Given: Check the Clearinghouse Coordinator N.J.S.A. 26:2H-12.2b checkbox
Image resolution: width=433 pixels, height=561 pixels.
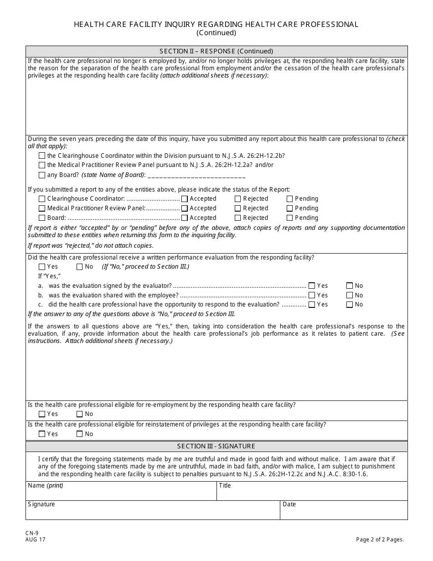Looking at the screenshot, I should tap(42, 156).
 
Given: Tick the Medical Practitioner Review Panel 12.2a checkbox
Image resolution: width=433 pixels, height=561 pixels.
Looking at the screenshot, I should tap(42, 165).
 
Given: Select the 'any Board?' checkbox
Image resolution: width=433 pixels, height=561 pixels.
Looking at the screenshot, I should tap(42, 175).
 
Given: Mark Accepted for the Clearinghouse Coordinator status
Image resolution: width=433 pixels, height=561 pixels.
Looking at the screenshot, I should tap(185, 199).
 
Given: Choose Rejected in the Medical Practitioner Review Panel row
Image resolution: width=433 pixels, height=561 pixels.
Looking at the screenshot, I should tap(238, 208).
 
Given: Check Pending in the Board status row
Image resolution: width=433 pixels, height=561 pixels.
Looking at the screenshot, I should tap(290, 218).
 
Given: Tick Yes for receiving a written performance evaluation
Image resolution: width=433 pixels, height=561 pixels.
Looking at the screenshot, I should tap(42, 267).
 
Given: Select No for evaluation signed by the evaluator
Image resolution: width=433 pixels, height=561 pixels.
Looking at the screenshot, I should tap(350, 286).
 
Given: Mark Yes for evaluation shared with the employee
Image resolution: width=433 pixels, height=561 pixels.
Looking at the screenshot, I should tap(312, 296).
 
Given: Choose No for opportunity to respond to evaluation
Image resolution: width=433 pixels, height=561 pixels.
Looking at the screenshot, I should tap(350, 305).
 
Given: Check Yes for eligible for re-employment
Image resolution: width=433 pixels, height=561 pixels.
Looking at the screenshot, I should tap(42, 414).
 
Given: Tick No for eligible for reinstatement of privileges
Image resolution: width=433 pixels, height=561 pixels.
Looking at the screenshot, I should tap(80, 434).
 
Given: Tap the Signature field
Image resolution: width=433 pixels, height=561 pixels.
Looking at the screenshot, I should tap(153, 512).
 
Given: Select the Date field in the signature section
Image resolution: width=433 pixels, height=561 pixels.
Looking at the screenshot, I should tap(344, 512).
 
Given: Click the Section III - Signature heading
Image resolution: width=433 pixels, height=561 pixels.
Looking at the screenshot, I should tap(216, 447).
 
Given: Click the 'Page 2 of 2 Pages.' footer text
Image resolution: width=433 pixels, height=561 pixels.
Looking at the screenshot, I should tap(380, 540).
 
